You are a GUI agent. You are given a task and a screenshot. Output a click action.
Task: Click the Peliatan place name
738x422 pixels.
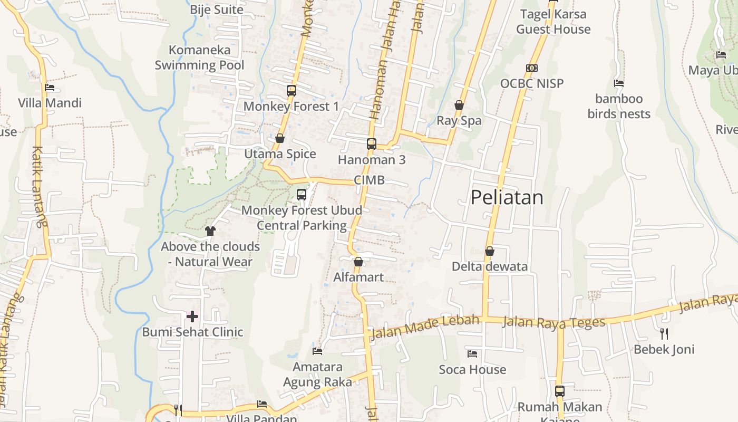click(507, 197)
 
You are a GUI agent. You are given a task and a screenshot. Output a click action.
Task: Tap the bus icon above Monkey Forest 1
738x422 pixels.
click(292, 91)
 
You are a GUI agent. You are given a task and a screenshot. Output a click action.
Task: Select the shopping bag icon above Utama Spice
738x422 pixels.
click(280, 138)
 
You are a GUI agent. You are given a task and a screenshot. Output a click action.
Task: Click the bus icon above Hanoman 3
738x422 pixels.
click(372, 143)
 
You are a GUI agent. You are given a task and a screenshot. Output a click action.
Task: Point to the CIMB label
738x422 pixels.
click(369, 180)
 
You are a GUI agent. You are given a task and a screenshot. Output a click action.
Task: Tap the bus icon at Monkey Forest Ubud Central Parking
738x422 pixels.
click(302, 195)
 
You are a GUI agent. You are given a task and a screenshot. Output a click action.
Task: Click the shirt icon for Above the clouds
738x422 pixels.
click(210, 231)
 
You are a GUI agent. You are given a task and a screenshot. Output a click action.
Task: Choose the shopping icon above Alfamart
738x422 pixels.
click(358, 262)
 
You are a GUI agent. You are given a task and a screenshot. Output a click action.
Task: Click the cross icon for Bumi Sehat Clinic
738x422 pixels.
click(192, 316)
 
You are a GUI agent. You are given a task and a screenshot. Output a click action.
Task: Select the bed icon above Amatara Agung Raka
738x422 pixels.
click(317, 351)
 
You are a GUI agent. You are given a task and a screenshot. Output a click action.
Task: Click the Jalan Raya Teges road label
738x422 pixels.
click(553, 322)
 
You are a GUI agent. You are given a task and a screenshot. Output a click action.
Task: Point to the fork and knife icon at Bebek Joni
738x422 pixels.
click(664, 333)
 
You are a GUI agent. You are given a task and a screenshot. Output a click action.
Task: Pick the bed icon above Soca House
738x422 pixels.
click(472, 353)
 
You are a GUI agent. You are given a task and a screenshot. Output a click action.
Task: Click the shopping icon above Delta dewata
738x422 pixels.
click(490, 251)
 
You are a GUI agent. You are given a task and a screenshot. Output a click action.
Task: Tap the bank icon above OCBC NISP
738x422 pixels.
click(532, 68)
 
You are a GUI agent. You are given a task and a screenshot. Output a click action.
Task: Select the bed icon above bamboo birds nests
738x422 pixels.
click(619, 83)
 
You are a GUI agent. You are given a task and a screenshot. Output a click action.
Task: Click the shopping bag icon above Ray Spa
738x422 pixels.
click(459, 105)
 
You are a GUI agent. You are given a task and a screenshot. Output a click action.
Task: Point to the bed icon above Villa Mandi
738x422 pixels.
click(50, 87)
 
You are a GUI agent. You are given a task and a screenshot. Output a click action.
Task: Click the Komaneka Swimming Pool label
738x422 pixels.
click(199, 57)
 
